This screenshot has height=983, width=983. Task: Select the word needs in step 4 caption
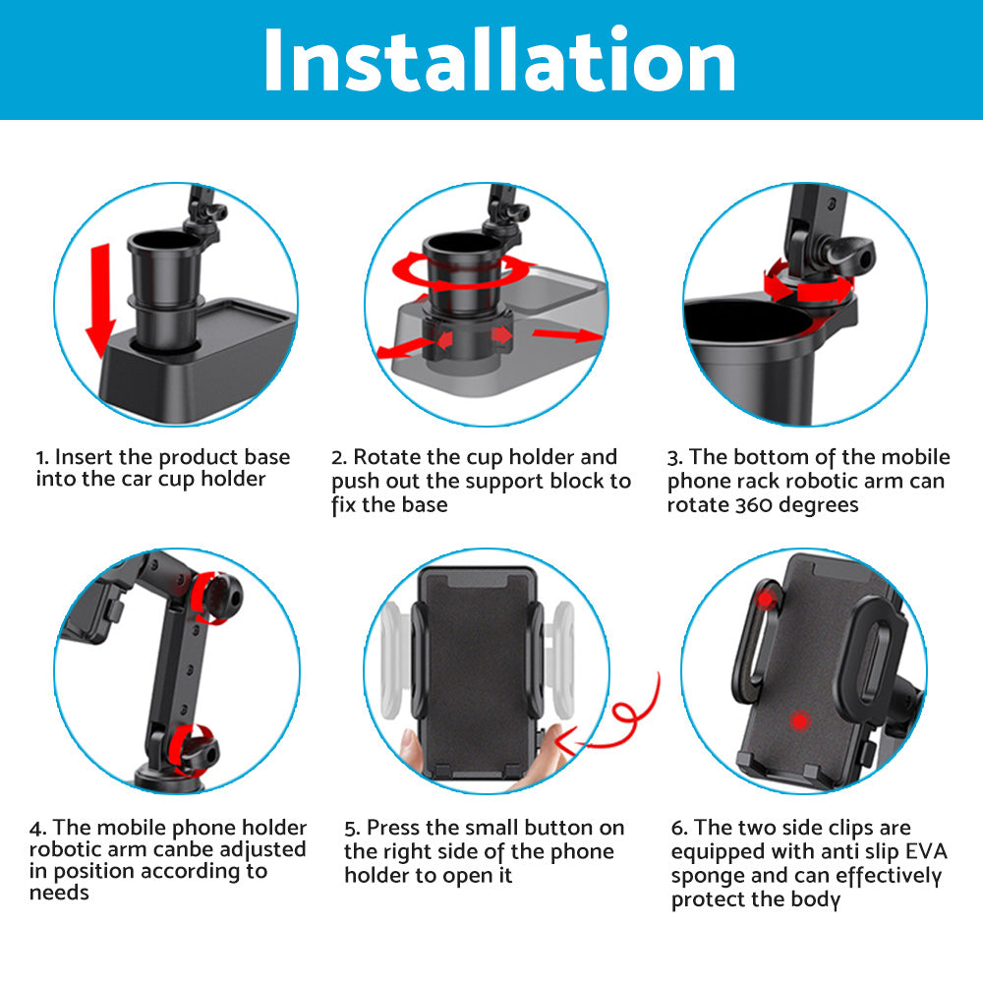(59, 894)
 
